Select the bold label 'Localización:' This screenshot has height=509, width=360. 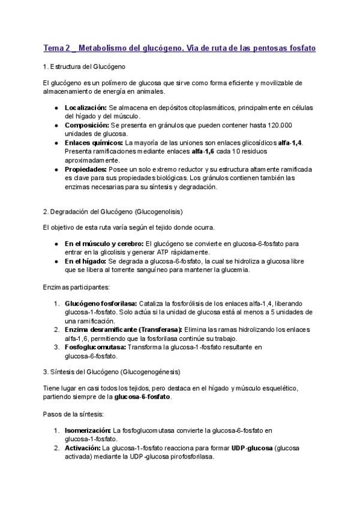[86, 107]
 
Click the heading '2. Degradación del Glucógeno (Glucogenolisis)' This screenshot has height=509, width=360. [113, 212]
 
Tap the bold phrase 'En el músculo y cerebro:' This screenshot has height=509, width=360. [104, 244]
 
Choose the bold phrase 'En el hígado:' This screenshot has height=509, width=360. [85, 262]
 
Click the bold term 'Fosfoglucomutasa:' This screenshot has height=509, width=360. [95, 347]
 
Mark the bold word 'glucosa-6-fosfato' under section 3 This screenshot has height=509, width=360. [143, 397]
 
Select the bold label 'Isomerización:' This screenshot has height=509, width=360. [88, 430]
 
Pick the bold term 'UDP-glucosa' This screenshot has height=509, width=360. [251, 448]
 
